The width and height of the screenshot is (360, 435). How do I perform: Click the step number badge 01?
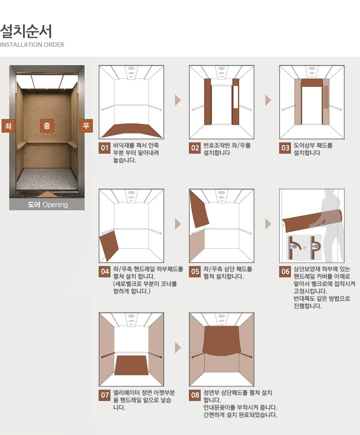coord(105,148)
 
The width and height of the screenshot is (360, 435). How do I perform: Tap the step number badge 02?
coord(195,148)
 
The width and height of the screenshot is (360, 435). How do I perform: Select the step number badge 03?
coord(285,148)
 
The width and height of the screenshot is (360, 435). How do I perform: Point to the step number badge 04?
coord(105,271)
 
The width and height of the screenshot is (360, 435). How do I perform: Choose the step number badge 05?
coord(195,271)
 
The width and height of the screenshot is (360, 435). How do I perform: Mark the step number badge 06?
coord(285,271)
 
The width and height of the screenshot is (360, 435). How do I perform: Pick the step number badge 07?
coord(105,395)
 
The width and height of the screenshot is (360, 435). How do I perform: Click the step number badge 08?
coord(195,395)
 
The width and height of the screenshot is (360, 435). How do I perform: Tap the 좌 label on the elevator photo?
coord(8,126)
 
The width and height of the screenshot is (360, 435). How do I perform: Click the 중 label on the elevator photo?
coord(47,126)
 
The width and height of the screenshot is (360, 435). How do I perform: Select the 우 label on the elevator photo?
coord(86,126)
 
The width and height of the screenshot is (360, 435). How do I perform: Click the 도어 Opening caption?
coord(47,205)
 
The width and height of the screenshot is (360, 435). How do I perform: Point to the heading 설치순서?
coord(26,31)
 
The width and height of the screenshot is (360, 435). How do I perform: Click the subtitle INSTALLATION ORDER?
coord(32,45)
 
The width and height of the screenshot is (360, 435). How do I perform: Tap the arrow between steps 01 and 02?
coord(178,100)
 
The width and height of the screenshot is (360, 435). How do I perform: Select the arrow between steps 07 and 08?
coord(178,348)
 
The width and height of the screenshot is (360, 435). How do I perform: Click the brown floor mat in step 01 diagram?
coord(131,131)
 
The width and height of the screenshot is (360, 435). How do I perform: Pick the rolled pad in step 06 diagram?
coord(313,221)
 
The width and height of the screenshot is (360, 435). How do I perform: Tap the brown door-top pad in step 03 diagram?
coord(312,83)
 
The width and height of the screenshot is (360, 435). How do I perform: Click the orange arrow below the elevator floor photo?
coord(47,194)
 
